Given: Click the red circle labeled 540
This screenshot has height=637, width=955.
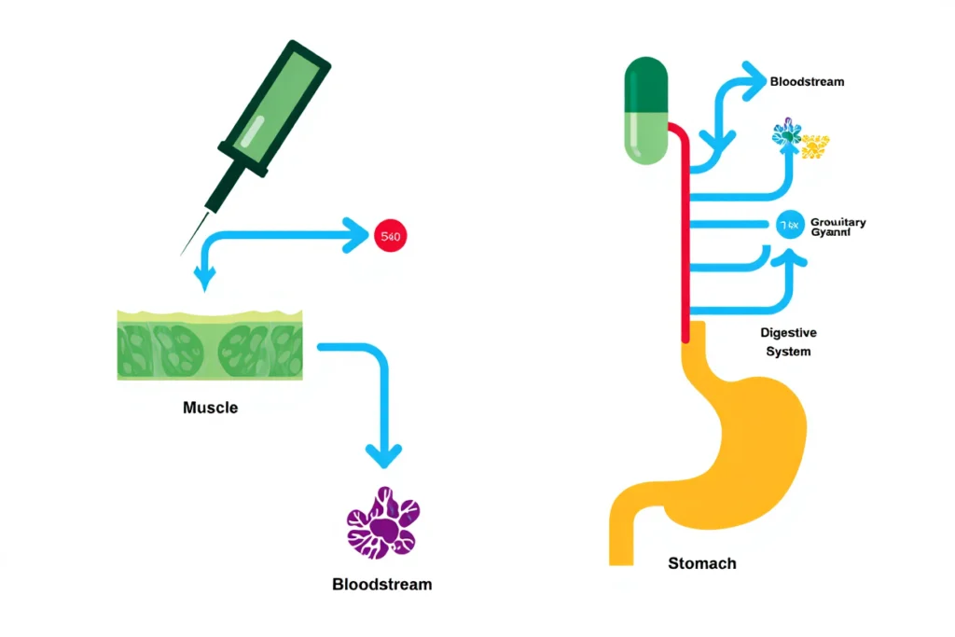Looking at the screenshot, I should click(x=390, y=237).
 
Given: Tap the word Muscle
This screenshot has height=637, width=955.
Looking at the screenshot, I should click(x=210, y=408).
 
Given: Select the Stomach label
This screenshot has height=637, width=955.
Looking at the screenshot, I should click(x=701, y=563).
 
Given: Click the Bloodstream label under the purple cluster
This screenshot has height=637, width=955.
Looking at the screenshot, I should click(x=381, y=585).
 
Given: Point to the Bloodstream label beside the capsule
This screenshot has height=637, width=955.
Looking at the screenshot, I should click(x=807, y=81).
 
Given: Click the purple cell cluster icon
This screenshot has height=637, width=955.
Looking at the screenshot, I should click(x=382, y=524).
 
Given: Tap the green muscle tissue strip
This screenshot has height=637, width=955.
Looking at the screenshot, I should click(x=210, y=346).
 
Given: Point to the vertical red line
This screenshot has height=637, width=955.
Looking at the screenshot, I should click(x=688, y=233).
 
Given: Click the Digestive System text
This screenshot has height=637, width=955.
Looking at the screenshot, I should click(x=788, y=342).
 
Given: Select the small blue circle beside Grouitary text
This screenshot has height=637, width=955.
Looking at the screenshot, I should click(x=789, y=224).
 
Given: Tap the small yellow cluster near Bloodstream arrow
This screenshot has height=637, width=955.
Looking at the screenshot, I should click(x=815, y=145).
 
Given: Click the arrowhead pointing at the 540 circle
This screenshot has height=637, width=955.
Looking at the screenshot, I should click(x=356, y=236).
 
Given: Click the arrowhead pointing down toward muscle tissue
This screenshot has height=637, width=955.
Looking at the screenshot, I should click(x=204, y=276).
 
